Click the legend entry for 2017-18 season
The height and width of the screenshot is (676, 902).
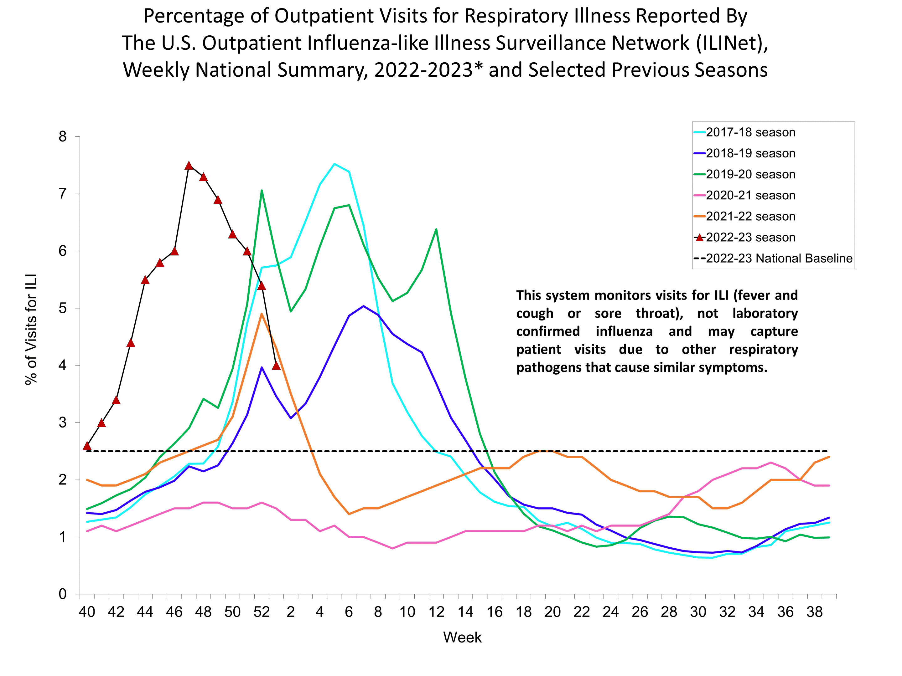(x=750, y=132)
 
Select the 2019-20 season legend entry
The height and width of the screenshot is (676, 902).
(x=750, y=174)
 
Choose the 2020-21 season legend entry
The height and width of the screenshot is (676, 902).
(x=750, y=196)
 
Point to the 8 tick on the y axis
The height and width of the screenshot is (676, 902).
(x=62, y=136)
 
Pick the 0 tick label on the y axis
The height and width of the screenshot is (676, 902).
(x=62, y=594)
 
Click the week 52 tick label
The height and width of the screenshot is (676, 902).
(x=262, y=612)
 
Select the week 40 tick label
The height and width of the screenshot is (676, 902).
(x=86, y=612)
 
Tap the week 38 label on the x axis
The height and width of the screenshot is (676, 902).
(x=814, y=612)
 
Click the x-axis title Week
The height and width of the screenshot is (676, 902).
(x=462, y=637)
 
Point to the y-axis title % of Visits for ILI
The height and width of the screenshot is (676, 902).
(x=31, y=329)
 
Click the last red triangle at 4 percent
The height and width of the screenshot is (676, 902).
(x=276, y=366)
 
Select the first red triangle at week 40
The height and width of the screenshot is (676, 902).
(x=87, y=446)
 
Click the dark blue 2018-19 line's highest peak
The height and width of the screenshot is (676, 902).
(x=363, y=306)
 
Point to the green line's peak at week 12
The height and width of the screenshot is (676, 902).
(x=436, y=229)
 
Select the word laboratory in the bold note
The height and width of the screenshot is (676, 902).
(x=765, y=313)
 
